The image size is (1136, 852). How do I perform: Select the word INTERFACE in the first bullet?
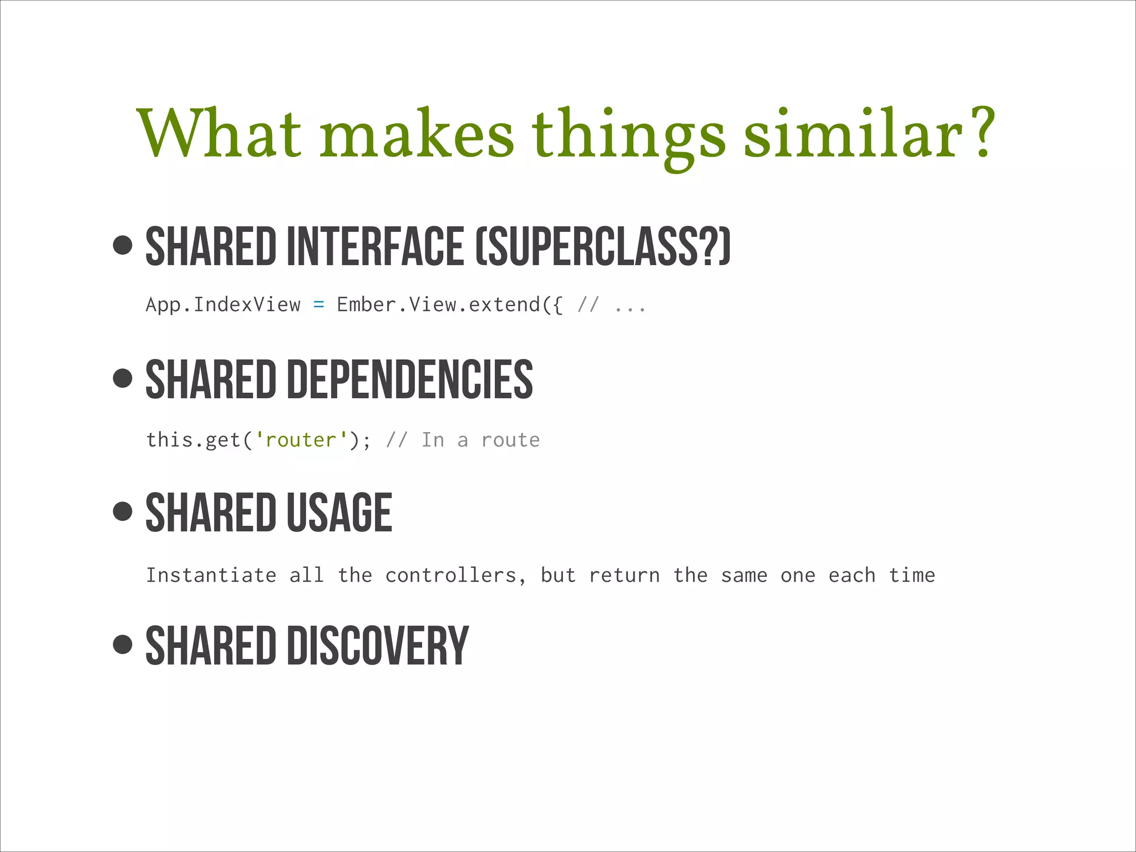pyautogui.click(x=375, y=246)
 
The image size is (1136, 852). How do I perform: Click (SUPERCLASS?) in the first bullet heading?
pyautogui.click(x=603, y=246)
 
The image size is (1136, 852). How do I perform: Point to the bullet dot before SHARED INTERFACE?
pyautogui.click(x=122, y=245)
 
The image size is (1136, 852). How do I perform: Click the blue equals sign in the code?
pyautogui.click(x=318, y=305)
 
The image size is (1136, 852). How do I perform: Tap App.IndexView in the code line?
pyautogui.click(x=223, y=305)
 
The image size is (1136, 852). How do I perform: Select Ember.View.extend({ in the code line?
pyautogui.click(x=449, y=305)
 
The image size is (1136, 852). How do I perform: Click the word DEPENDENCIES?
pyautogui.click(x=409, y=379)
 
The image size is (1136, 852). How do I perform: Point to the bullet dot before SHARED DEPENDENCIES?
pyautogui.click(x=122, y=378)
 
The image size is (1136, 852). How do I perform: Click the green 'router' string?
pyautogui.click(x=301, y=440)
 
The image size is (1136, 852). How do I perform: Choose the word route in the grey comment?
pyautogui.click(x=510, y=440)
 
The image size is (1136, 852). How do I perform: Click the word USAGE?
pyautogui.click(x=339, y=513)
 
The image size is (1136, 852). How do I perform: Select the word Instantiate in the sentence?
pyautogui.click(x=211, y=575)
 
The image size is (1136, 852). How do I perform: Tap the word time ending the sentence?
pyautogui.click(x=912, y=575)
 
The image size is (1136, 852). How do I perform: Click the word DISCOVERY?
pyautogui.click(x=378, y=646)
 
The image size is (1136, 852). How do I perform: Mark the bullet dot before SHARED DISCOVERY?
pyautogui.click(x=122, y=645)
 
